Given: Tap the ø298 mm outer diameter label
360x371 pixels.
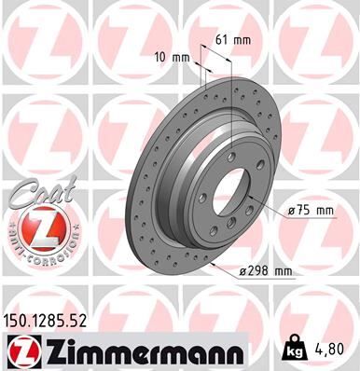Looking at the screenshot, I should (x=267, y=271).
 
